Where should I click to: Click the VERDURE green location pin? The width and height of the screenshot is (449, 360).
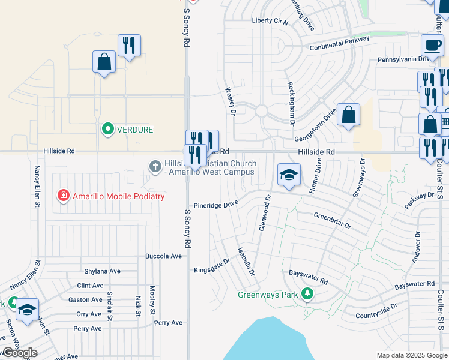pos(108,129)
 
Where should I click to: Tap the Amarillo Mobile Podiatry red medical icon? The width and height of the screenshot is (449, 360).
pos(63,196)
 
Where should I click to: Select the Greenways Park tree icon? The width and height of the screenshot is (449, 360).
pos(308,293)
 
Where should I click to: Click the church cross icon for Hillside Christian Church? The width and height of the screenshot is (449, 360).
pos(155,165)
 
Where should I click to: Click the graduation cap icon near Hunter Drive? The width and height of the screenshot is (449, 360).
pos(289,175)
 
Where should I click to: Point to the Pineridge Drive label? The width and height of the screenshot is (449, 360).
pos(215,205)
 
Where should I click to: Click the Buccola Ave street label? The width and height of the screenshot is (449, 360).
pos(163,256)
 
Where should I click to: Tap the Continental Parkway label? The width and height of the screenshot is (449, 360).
pos(339,44)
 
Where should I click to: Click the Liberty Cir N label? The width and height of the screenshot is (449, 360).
pos(270,21)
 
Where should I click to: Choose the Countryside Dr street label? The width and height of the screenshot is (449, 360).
pos(376,310)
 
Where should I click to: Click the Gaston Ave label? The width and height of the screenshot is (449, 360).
pos(85,299)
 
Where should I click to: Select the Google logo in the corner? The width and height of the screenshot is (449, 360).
pos(20,353)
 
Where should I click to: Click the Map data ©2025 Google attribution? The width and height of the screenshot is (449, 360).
pos(412,355)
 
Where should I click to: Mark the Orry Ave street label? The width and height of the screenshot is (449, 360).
pos(89,314)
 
